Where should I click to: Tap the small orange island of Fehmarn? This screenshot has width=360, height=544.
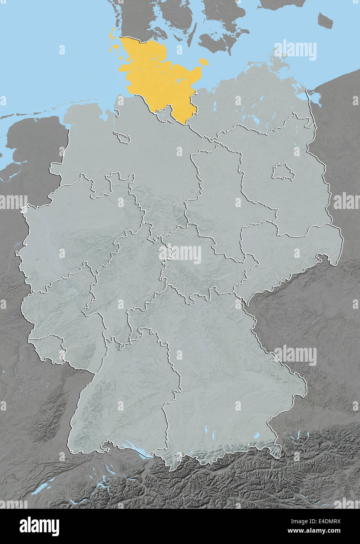(x=203, y=62)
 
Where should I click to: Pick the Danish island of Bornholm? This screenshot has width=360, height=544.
(x=325, y=20)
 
